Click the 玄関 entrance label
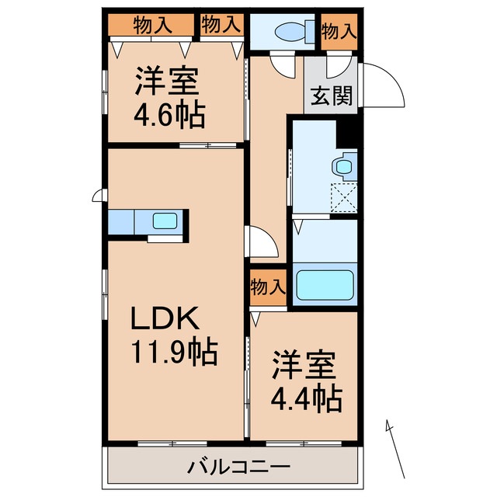click(x=332, y=96)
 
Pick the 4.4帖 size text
click(x=304, y=399)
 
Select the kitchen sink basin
click(x=165, y=221)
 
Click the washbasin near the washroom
click(x=341, y=165)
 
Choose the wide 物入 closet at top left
click(x=152, y=26)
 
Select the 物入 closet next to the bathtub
click(x=268, y=287)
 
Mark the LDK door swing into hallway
click(x=262, y=242)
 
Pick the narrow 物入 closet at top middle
click(x=221, y=26)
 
